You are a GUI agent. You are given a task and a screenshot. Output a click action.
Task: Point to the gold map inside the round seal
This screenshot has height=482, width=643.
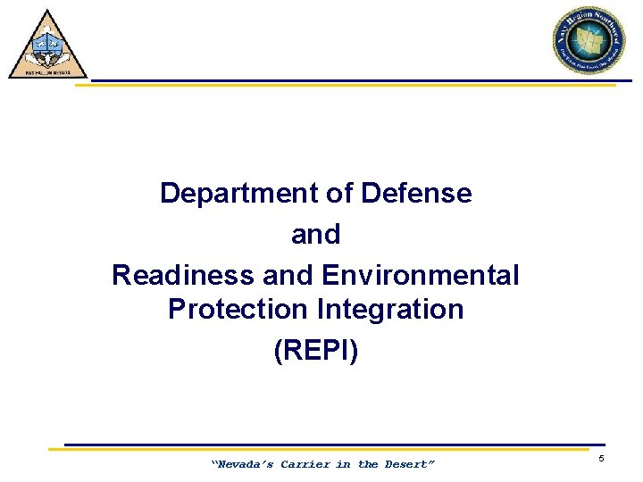point(589,41)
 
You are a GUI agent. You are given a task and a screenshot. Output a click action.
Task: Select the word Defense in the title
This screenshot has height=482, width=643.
point(416,193)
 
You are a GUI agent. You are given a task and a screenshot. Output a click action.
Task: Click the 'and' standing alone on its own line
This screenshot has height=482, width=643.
point(316,234)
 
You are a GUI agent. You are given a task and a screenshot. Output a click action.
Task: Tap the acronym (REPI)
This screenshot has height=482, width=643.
point(316,350)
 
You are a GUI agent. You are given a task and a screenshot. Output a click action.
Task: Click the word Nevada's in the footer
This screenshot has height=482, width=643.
point(242,464)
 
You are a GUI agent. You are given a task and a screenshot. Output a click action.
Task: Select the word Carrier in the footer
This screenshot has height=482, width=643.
point(306,464)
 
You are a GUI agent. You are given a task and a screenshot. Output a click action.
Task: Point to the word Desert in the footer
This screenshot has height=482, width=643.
point(407,464)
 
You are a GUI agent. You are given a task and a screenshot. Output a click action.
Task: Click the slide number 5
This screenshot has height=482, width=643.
point(601,458)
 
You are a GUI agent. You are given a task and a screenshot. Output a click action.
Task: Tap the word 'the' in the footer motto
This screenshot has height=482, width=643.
point(368,464)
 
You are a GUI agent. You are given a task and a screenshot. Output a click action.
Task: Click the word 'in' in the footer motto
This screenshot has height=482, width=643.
point(345,464)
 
